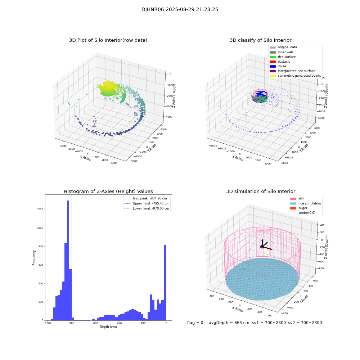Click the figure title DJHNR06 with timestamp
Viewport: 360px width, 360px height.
pos(180,10)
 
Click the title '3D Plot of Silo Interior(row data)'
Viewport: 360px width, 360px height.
pos(108,40)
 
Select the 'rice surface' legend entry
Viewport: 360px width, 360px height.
pos(287,57)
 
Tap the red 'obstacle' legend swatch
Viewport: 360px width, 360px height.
pos(273,62)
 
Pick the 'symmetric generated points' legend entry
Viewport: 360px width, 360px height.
pos(299,76)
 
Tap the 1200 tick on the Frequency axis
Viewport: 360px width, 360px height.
pos(40,210)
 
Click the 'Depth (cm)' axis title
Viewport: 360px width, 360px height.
pos(108,327)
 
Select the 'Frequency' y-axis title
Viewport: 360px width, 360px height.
pos(34,258)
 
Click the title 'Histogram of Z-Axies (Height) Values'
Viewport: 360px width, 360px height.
pos(108,192)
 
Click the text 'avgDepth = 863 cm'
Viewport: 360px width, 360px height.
pos(229,323)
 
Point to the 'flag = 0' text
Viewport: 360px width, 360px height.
pos(195,323)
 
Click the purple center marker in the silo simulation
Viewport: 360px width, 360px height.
pos(262,247)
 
